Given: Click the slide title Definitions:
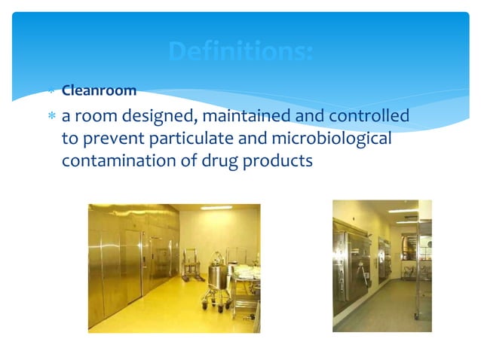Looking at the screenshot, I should click(x=240, y=52).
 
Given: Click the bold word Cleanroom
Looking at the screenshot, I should click(x=99, y=91).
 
